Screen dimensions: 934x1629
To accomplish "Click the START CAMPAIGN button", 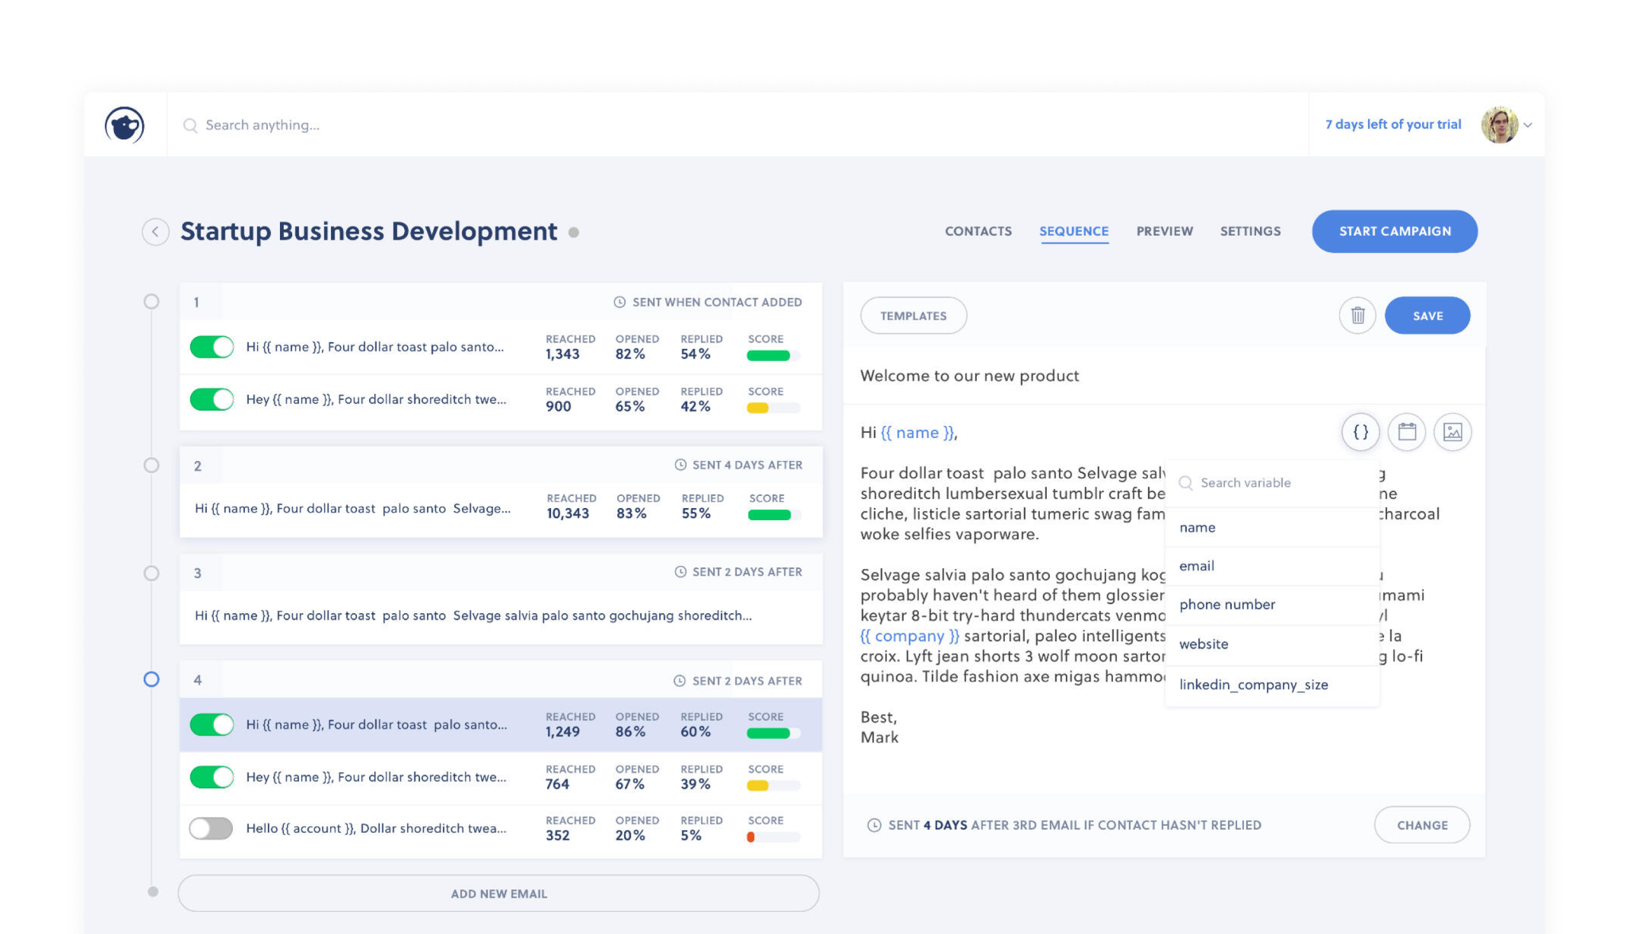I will point(1394,231).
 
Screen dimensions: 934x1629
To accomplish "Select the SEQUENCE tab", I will point(1073,231).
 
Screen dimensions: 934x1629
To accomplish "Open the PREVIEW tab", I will point(1164,231).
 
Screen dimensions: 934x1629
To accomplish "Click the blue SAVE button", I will point(1427,316).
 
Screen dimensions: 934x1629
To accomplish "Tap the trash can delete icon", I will point(1357,316).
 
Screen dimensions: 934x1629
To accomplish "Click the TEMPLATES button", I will point(912,316).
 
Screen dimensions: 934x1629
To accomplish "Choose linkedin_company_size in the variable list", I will point(1253,684).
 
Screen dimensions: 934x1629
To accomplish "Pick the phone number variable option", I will point(1226,604).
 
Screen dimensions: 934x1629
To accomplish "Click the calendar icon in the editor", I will point(1406,432).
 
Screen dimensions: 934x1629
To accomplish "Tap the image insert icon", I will point(1451,432).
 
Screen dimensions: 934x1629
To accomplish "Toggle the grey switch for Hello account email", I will point(211,828).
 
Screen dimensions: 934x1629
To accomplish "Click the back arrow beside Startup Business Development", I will point(155,232).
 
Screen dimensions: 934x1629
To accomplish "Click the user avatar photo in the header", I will point(1498,124).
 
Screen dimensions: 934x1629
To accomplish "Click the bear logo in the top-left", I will point(124,124).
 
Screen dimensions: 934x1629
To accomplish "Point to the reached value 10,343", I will point(567,513).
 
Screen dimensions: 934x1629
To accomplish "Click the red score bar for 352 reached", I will point(750,837).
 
